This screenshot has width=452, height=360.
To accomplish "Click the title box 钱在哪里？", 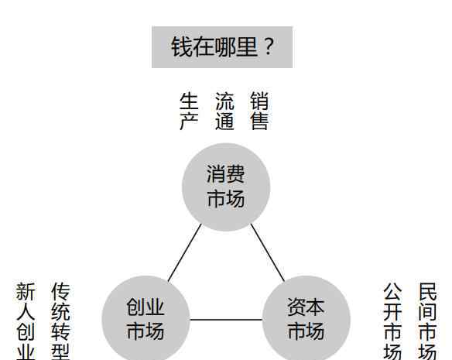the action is (222, 47).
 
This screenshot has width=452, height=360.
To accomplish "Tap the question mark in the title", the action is (269, 46).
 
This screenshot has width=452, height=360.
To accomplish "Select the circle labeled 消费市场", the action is (226, 187).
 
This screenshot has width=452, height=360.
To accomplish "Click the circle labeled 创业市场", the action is (146, 318).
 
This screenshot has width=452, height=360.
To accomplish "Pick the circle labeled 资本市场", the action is (306, 318).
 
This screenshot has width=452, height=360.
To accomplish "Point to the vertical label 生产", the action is (189, 111).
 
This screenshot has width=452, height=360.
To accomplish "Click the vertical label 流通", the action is (224, 111).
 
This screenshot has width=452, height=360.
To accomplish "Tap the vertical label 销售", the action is (259, 111).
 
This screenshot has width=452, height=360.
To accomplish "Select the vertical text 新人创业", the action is (26, 321).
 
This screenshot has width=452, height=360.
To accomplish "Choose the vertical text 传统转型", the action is (60, 321).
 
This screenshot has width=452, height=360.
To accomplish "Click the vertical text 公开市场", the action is (392, 321).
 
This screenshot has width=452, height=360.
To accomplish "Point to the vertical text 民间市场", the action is (427, 321).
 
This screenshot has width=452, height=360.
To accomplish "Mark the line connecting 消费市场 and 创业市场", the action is (185, 252).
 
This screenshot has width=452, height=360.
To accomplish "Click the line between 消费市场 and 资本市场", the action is (268, 252).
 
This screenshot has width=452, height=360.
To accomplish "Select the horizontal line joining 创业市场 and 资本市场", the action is (226, 320).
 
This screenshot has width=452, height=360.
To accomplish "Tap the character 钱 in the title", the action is (181, 47).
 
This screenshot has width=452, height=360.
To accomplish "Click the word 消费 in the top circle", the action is (226, 174).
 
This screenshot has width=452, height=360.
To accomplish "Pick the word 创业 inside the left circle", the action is (146, 307).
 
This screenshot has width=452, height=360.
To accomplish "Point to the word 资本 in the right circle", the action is (306, 307).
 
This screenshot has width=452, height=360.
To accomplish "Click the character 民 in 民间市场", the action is (428, 292).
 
